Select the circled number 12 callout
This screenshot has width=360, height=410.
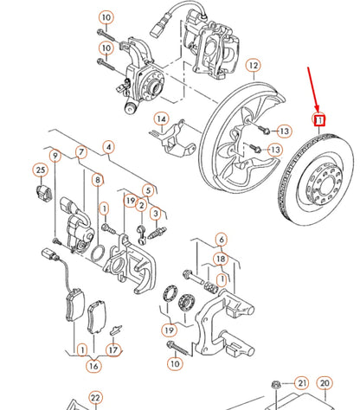point(253,65)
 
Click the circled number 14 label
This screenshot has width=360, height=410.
point(161,119)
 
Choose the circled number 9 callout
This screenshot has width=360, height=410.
point(55,157)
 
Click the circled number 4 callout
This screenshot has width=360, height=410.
point(107,147)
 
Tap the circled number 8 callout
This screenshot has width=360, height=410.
point(97,180)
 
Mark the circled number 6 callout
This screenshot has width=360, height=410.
point(221,240)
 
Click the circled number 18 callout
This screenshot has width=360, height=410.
point(221,259)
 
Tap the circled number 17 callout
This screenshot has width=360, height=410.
point(113,350)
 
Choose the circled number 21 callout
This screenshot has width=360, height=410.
point(301,382)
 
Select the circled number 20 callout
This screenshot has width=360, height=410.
point(325,382)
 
